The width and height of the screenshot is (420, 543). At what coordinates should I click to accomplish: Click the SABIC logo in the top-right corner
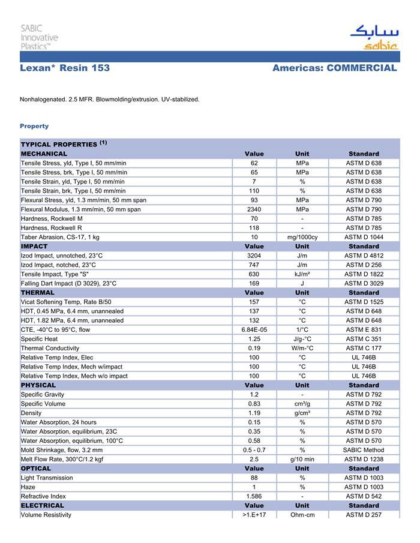coord(373,37)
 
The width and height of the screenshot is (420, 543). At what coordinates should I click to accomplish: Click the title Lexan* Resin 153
coord(65,68)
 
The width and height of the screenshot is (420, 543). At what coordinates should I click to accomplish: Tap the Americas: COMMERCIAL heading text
coord(334,68)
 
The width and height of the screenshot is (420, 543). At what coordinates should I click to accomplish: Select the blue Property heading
coord(34,126)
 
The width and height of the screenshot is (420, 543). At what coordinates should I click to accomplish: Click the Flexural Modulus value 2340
coord(254,209)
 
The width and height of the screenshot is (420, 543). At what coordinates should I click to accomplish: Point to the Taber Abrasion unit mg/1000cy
coord(302,237)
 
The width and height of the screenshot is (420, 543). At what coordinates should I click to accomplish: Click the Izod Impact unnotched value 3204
coord(254,256)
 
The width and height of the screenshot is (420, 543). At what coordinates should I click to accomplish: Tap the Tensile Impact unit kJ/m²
coord(302,274)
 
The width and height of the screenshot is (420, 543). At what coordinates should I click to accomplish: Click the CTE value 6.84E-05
coord(254,329)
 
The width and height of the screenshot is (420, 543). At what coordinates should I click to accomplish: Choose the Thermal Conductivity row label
coord(50,348)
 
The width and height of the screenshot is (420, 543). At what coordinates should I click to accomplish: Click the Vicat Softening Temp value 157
coord(254,302)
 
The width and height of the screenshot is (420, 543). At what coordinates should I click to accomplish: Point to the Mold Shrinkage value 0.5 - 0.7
coord(254,450)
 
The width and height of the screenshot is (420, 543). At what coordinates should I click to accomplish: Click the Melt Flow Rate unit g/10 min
coord(302,459)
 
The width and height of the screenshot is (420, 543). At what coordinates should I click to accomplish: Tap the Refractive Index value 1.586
coord(254,496)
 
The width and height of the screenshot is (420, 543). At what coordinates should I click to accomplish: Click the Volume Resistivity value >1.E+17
coord(254,515)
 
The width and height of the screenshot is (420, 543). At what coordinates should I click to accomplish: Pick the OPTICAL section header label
coord(38,468)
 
